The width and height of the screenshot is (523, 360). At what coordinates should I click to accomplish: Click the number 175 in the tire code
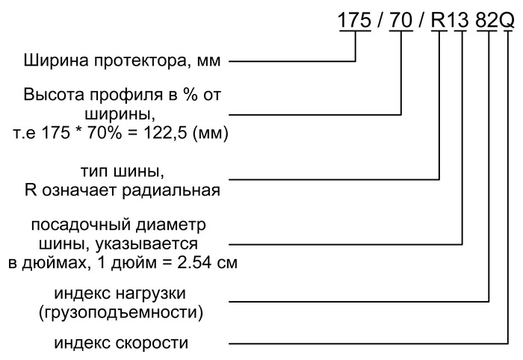[355, 20]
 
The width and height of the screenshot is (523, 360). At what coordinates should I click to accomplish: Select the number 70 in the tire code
[401, 20]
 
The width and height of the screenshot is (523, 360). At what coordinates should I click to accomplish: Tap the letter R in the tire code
[439, 20]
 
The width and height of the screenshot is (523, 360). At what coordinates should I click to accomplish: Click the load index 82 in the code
[486, 20]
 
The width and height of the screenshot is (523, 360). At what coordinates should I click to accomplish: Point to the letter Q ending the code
[507, 20]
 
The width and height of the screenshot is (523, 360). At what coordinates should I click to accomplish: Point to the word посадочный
[81, 226]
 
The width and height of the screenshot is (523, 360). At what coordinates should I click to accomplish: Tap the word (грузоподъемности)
[121, 313]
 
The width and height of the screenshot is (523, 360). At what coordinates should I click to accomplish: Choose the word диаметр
[171, 226]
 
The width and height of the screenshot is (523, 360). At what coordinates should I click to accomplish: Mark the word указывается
[146, 245]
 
